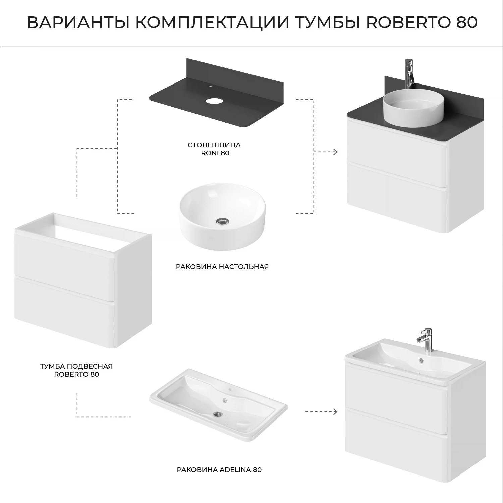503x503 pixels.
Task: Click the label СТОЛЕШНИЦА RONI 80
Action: [x=214, y=149]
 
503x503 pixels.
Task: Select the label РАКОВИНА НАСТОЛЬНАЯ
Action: [x=222, y=267]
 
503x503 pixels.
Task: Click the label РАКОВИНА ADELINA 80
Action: [x=219, y=470]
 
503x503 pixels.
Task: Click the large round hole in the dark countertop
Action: [x=216, y=101]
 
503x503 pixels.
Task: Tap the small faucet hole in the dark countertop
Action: [x=210, y=87]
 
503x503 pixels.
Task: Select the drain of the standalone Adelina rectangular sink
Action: [x=217, y=414]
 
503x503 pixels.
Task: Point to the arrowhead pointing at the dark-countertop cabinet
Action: [x=335, y=152]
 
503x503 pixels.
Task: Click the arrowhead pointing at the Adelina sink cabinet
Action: [x=335, y=412]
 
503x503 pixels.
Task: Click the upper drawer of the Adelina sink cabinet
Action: [x=396, y=386]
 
